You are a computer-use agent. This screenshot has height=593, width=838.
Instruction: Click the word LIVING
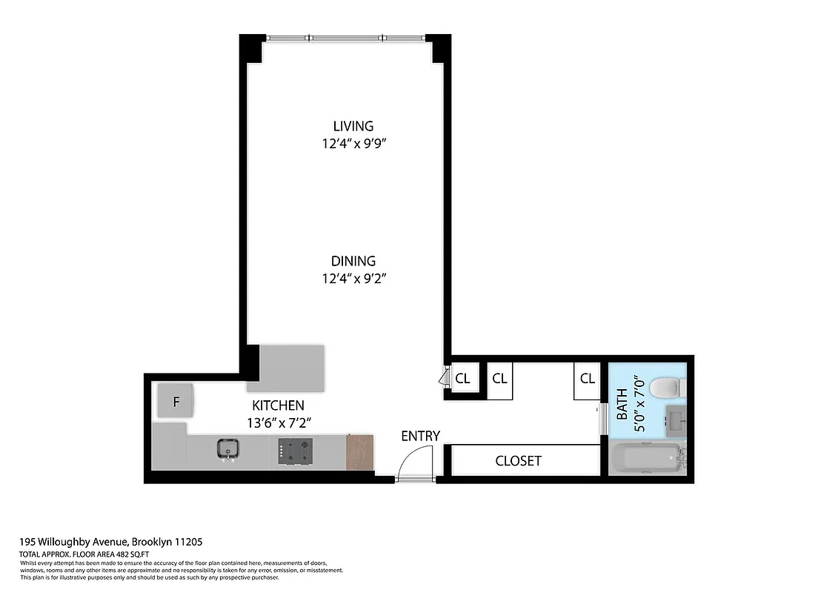(x=353, y=126)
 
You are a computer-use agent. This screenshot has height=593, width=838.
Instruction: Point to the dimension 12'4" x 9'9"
(x=353, y=144)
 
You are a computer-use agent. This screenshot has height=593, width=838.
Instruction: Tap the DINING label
(x=353, y=261)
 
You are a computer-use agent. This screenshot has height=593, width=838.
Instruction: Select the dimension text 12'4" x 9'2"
(x=353, y=279)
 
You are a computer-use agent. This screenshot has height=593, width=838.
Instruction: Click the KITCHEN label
(x=278, y=405)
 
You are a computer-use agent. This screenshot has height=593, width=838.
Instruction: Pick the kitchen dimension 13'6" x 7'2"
(x=278, y=423)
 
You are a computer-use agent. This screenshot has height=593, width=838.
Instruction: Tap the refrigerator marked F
(x=176, y=402)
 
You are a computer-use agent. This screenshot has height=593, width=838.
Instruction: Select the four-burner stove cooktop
(x=294, y=451)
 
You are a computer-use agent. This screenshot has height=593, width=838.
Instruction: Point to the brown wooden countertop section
(x=359, y=452)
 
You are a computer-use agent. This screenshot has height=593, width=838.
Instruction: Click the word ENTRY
(x=420, y=436)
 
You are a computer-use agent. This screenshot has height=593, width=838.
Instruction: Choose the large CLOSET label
(x=518, y=461)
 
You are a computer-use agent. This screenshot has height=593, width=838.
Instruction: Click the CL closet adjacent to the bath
(x=587, y=379)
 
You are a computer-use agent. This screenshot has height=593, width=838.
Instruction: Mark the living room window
(x=345, y=38)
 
